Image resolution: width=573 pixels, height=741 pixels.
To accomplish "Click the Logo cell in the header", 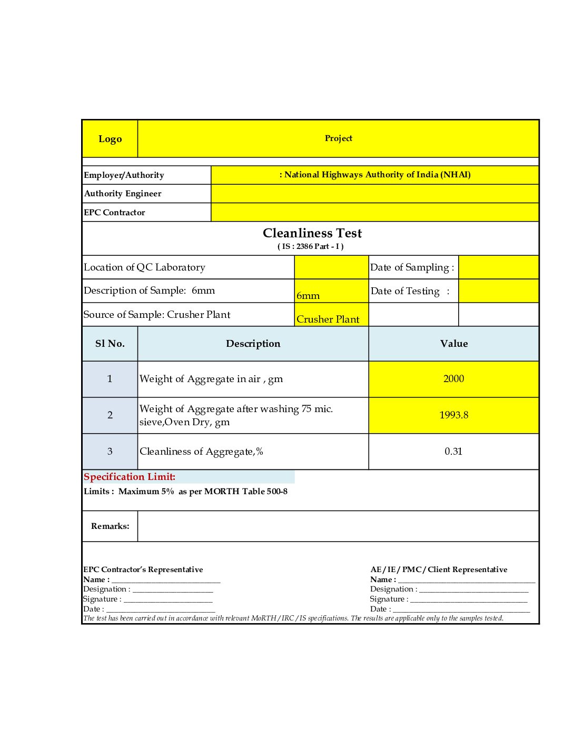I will coord(110,139).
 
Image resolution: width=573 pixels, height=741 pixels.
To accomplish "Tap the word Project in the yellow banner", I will coord(338,138).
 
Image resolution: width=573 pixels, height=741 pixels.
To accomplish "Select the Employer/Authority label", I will coord(124,175).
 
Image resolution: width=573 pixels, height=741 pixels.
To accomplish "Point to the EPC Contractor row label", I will coord(114,213).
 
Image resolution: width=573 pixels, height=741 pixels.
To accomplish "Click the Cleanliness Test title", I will coord(312,233).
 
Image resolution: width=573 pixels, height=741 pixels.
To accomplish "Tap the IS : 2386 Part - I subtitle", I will coord(311,246).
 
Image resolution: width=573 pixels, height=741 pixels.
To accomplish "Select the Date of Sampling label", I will coord(412,267).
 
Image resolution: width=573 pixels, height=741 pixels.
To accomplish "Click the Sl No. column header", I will coord(110,344).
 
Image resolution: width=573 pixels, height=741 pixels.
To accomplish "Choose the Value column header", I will coord(454,344).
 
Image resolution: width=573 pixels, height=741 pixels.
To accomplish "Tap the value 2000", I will coord(453,379).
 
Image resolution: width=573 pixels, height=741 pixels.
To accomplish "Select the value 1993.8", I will coord(453,415).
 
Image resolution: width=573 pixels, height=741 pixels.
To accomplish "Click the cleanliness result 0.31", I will coord(453,452).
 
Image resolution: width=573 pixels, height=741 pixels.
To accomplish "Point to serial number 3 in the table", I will coord(110,452).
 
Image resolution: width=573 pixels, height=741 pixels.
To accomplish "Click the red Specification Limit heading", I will coord(130,477).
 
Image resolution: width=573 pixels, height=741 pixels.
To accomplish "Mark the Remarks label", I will coord(110,526).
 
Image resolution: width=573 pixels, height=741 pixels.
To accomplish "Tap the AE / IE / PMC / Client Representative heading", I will coord(439,569).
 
